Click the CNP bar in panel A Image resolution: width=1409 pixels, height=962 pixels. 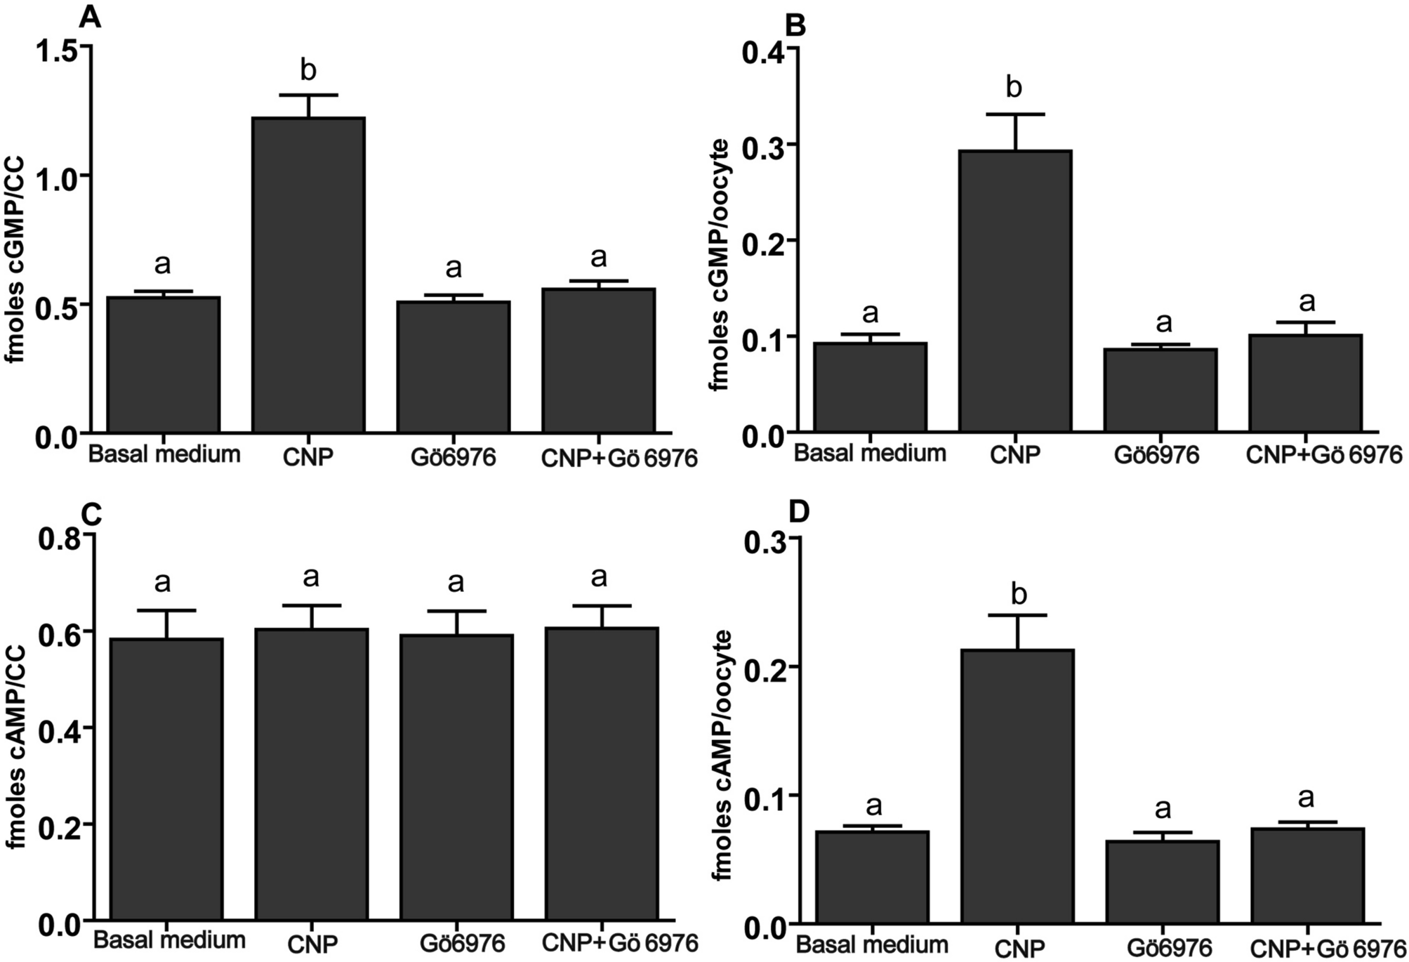308,274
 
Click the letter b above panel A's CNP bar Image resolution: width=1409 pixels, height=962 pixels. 308,70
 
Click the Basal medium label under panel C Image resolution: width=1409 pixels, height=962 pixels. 169,940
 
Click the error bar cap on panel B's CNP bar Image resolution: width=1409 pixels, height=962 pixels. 1014,114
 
